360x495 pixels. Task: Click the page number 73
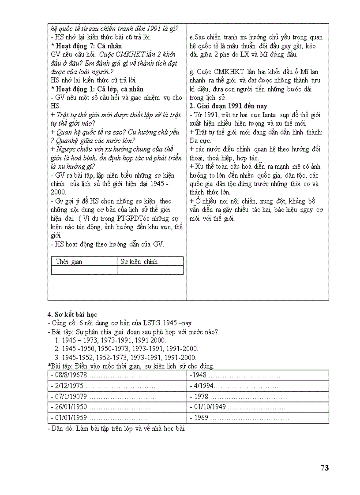324,468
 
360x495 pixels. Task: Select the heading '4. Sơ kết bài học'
72,314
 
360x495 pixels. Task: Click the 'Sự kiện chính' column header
139,261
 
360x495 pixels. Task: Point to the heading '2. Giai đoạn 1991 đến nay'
228,106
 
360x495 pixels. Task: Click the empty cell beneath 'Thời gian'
84,270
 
